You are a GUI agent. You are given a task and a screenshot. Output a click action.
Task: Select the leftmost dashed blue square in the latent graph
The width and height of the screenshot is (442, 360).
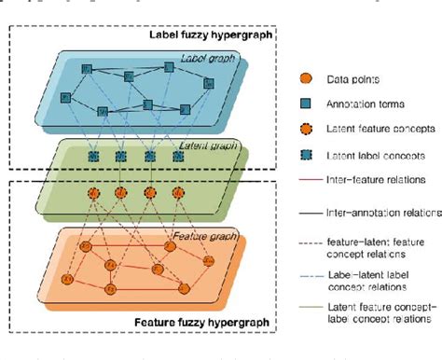(x=92, y=159)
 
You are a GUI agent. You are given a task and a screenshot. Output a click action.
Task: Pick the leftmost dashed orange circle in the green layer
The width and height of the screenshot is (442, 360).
(x=92, y=193)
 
